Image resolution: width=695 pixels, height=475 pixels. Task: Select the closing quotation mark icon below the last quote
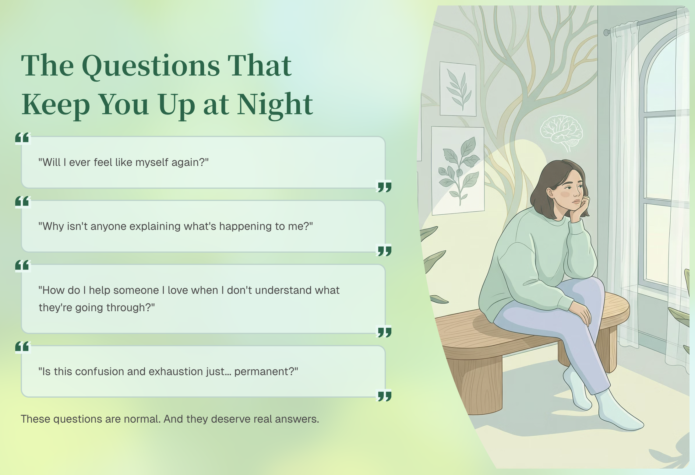pos(384,396)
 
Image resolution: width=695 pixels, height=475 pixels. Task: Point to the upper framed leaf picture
pos(458,89)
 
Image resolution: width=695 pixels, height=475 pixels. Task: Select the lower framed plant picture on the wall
pos(458,171)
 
